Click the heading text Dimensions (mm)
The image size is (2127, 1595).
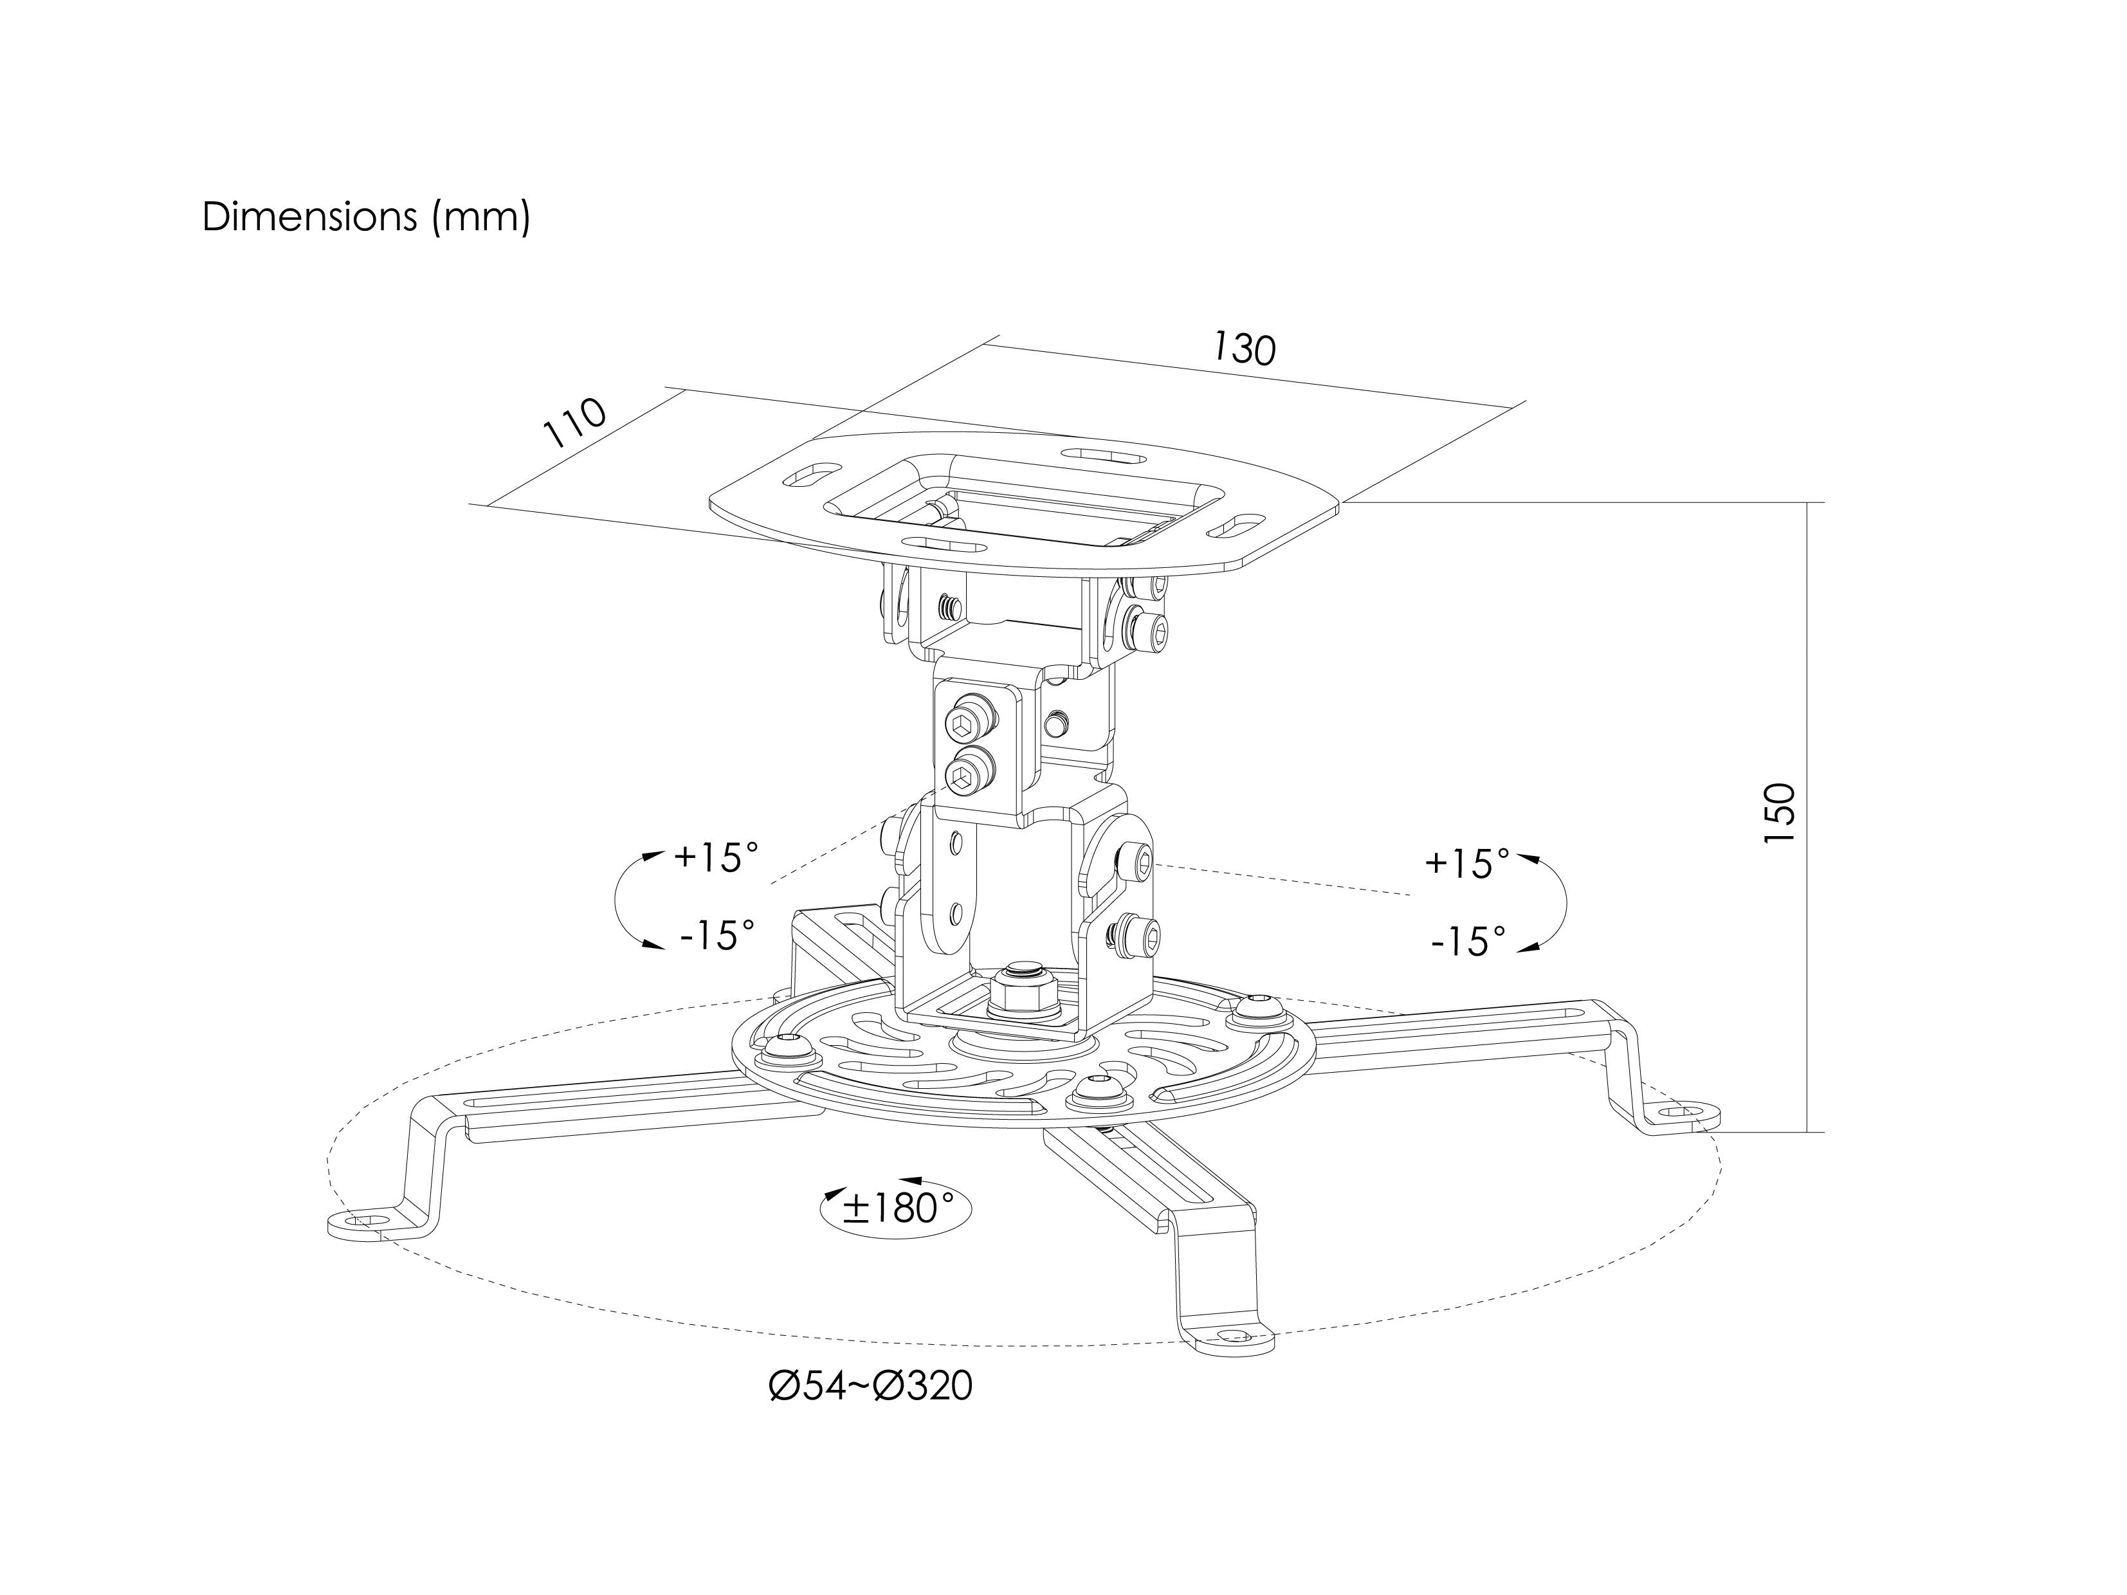coord(367,218)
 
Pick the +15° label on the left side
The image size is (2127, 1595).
coord(717,857)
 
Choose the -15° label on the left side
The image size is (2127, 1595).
coord(717,934)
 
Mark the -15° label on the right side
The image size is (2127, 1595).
coord(1468,940)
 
